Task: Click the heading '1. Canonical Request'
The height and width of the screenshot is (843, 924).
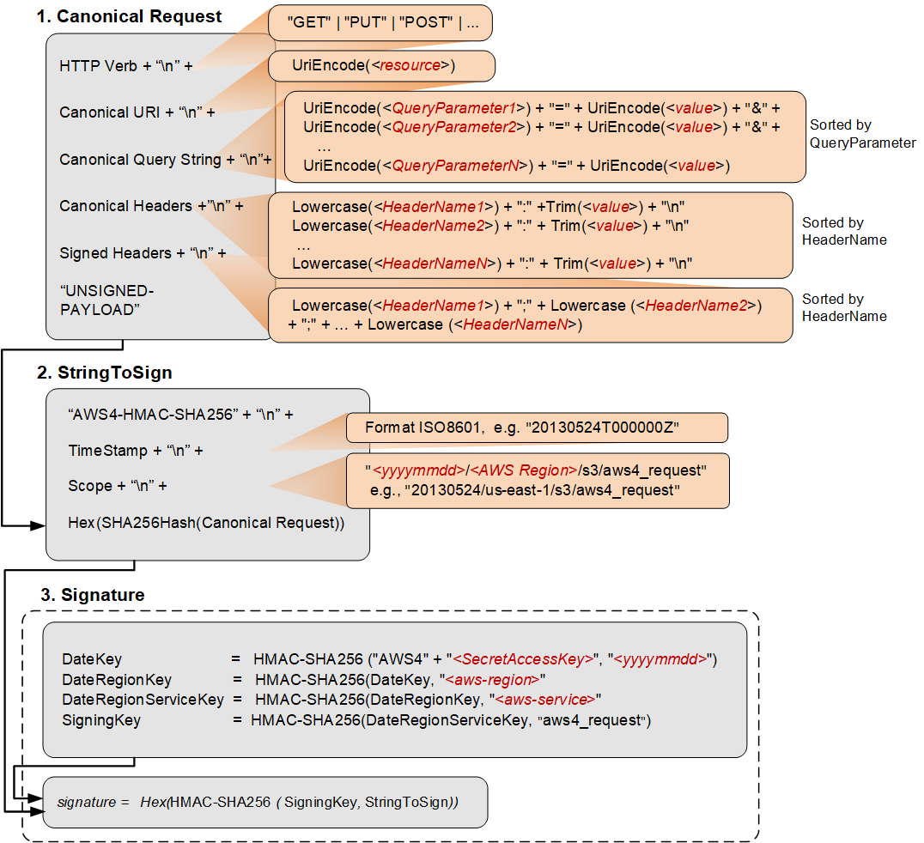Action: tap(129, 16)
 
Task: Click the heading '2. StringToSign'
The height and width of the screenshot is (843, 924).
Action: tap(105, 373)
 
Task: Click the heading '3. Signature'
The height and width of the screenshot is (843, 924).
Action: tap(93, 595)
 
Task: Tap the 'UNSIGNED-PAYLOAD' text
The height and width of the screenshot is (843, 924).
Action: tap(106, 300)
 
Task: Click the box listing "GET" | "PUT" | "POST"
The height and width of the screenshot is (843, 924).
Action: tap(380, 23)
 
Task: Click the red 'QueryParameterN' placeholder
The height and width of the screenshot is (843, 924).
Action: tap(455, 166)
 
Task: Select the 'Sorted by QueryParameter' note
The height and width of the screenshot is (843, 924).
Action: tap(862, 134)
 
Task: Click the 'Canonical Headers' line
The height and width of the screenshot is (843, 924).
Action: tap(151, 206)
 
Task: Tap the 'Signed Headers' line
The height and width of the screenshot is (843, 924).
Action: tap(143, 253)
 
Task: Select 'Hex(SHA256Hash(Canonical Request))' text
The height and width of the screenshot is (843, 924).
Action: tap(206, 522)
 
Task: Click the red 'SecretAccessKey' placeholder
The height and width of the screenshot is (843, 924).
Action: tap(524, 659)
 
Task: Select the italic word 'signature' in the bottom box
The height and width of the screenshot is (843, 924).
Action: tap(86, 802)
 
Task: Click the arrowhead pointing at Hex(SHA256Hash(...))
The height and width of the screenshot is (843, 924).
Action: tap(38, 524)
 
